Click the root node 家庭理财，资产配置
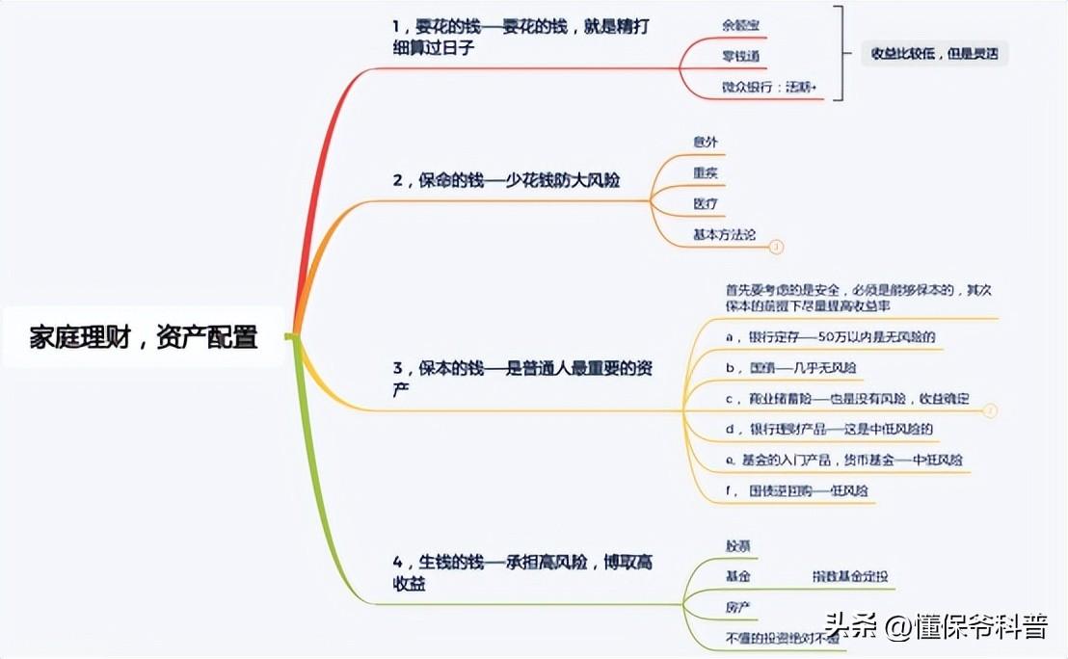click(x=144, y=338)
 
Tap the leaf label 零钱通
click(x=741, y=56)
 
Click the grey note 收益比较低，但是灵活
click(x=934, y=54)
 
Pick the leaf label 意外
click(x=706, y=142)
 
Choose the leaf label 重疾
click(x=706, y=173)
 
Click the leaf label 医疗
click(x=706, y=204)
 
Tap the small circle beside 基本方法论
click(x=777, y=247)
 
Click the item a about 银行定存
click(x=830, y=337)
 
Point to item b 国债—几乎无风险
click(x=790, y=367)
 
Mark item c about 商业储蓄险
click(x=846, y=398)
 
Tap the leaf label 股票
click(x=739, y=545)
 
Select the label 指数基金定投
click(x=849, y=576)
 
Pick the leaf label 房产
click(x=738, y=607)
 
